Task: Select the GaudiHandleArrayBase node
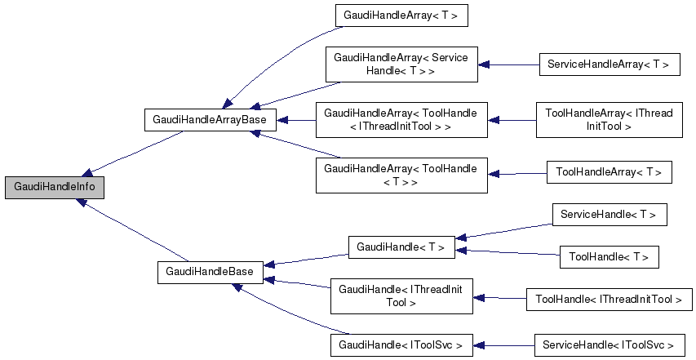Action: (x=211, y=120)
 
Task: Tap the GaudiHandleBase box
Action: (x=210, y=271)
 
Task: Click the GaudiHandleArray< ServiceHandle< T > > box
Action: (x=401, y=64)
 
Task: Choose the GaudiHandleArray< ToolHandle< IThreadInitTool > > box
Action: (x=401, y=120)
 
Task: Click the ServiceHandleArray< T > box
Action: (x=609, y=64)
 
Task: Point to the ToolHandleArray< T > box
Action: (x=609, y=172)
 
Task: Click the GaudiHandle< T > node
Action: (x=401, y=247)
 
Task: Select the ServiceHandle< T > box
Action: (x=609, y=215)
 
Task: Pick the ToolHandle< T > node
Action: (x=609, y=257)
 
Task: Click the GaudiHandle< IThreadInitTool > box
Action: (x=401, y=296)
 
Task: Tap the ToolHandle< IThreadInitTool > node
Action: (x=609, y=300)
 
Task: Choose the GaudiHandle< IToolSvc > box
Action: (x=401, y=344)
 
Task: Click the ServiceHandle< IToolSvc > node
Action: (x=609, y=344)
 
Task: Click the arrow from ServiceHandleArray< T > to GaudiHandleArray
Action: (x=508, y=64)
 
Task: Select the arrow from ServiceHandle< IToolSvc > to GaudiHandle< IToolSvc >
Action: (x=503, y=344)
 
